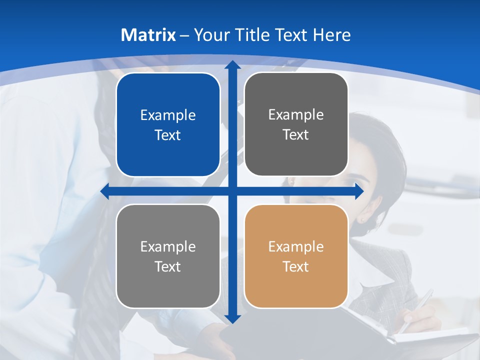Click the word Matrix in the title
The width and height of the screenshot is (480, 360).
click(x=148, y=35)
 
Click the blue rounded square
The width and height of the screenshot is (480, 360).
click(x=168, y=124)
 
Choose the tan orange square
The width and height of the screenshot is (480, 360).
click(x=296, y=256)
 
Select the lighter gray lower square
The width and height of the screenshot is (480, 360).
click(x=168, y=256)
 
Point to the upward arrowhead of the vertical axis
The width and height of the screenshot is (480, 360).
click(x=232, y=65)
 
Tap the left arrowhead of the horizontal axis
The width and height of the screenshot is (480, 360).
click(x=105, y=191)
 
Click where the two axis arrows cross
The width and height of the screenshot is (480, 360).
click(x=232, y=191)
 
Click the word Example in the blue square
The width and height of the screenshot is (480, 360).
click(x=168, y=115)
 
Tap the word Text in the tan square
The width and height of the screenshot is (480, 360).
click(x=296, y=266)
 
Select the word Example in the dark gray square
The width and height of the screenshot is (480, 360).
click(x=296, y=114)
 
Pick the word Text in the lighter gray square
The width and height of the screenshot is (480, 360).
click(x=168, y=266)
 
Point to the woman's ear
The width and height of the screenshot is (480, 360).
click(x=361, y=218)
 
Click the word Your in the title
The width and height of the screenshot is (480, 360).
click(x=210, y=35)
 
